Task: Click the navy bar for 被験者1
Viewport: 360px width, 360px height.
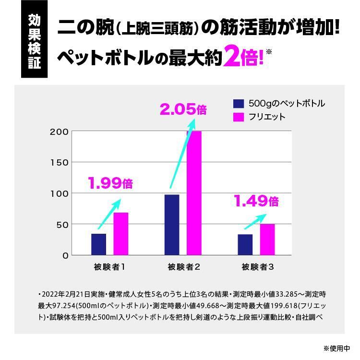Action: click(98, 244)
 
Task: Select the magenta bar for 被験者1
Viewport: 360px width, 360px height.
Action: click(121, 234)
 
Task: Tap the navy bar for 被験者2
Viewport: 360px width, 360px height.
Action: click(172, 225)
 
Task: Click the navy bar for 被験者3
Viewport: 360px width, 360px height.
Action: click(245, 245)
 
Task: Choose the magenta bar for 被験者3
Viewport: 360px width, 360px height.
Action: click(267, 240)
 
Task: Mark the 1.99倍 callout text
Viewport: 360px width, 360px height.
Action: click(110, 183)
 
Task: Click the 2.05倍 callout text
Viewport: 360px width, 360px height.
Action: click(183, 110)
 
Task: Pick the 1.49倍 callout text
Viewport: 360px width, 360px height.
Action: click(256, 201)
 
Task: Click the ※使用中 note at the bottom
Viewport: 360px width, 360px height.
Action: click(339, 348)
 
